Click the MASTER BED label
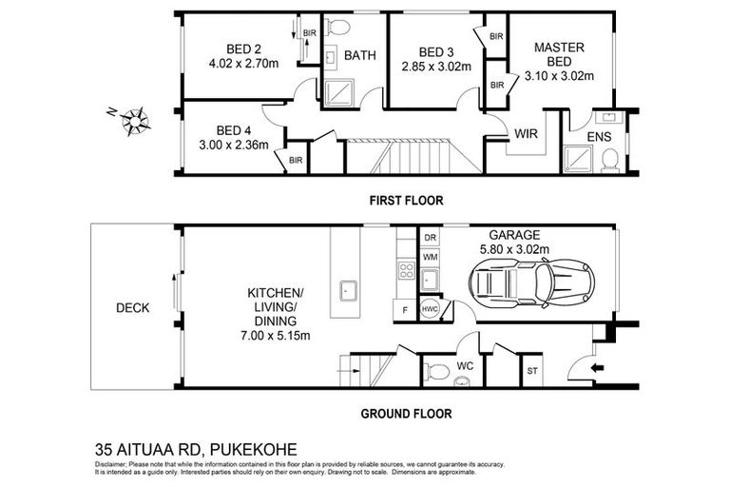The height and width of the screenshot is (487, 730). coord(559,54)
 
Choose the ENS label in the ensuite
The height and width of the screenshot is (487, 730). coord(599,138)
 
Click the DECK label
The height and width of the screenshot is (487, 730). coord(131,307)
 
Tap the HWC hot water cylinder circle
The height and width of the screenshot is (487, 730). coord(429,308)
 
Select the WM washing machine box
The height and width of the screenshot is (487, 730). coord(430,257)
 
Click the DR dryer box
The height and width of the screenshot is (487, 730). coord(430,237)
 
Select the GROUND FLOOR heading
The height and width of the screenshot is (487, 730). coord(405,414)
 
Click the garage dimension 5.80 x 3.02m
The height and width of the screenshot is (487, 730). coord(513,251)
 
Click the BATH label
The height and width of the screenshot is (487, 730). coord(359,56)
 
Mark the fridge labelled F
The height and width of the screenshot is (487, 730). coord(404,309)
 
